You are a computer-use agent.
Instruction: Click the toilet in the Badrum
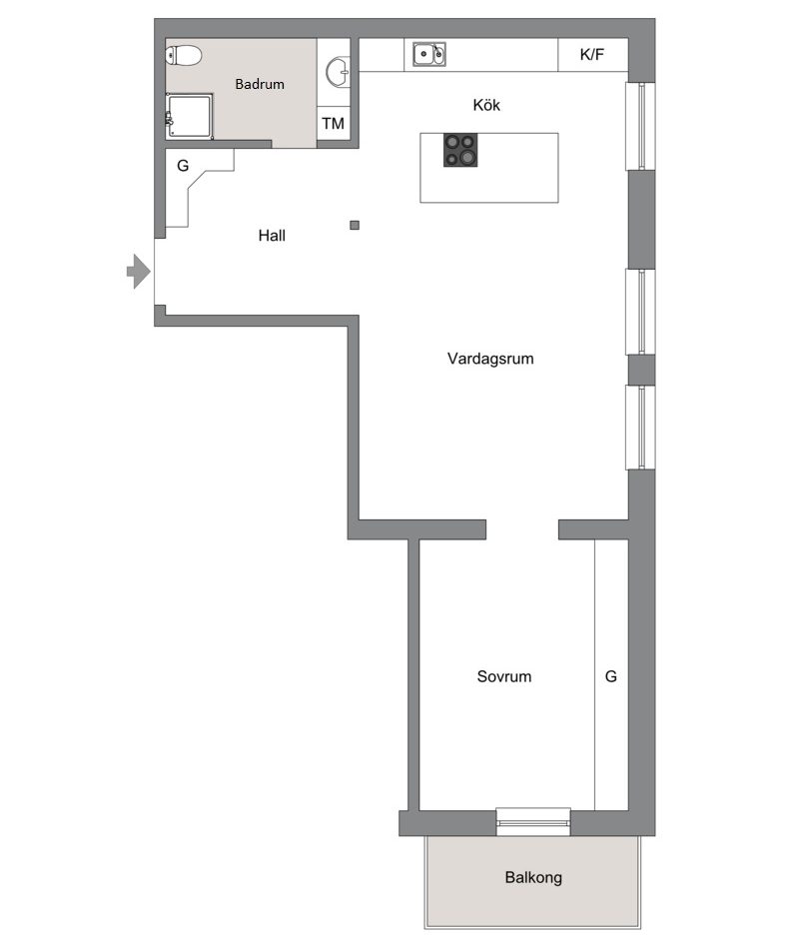(184, 55)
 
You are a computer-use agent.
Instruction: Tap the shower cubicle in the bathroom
(189, 116)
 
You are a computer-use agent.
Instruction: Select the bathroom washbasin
(339, 72)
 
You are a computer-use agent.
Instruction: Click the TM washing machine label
(333, 124)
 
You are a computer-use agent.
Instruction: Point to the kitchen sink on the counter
(428, 54)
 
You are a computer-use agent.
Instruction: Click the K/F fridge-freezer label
(592, 55)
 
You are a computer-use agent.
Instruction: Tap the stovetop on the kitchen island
(460, 150)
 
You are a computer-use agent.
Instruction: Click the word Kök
(486, 105)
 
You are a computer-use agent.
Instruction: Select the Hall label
(272, 236)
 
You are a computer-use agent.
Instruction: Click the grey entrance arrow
(139, 272)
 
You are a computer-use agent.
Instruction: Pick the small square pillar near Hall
(355, 225)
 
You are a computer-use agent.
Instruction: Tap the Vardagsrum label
(490, 359)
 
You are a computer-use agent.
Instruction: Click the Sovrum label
(504, 676)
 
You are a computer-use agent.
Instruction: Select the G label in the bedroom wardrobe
(610, 676)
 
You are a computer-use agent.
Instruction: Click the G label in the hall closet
(183, 165)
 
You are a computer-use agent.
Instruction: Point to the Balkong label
(533, 877)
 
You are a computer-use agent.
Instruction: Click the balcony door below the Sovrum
(533, 821)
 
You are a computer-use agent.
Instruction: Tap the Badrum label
(260, 84)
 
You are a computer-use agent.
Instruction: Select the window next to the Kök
(640, 126)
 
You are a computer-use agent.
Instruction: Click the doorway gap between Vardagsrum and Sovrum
(522, 529)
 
